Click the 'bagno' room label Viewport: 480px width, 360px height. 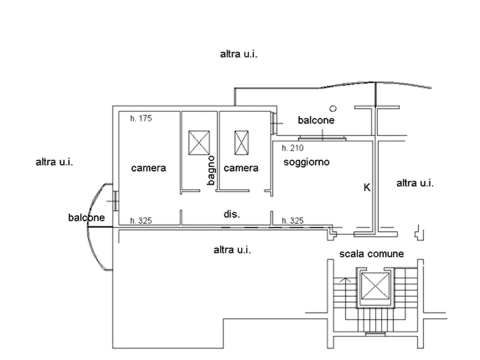tap(211, 170)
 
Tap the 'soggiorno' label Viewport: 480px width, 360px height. tap(306, 162)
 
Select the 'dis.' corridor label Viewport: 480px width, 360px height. tap(232, 214)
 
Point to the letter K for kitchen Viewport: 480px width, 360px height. tap(367, 188)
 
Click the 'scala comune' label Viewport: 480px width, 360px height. tap(371, 254)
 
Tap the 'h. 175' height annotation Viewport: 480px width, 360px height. tap(141, 118)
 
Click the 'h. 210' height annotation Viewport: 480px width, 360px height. tap(292, 148)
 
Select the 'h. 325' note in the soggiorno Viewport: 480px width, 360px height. tap(292, 221)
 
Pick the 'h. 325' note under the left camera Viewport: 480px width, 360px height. tap(141, 221)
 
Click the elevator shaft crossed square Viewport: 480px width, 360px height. tap(375, 286)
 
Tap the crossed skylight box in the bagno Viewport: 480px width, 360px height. tap(199, 142)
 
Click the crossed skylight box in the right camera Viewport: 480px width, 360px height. tap(241, 142)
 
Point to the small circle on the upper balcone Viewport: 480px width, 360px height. tap(333, 109)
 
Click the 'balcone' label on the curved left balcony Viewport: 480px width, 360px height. tap(87, 218)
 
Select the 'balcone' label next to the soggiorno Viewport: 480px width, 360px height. tap(316, 120)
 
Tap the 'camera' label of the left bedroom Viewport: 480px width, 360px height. tap(148, 168)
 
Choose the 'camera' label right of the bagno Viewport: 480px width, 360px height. tap(241, 168)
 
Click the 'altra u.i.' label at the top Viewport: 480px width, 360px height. tap(239, 54)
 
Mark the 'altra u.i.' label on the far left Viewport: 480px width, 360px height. tap(54, 162)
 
